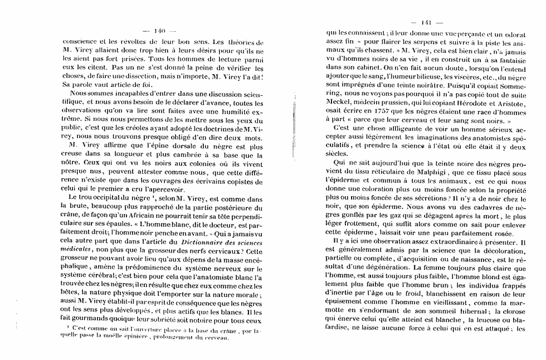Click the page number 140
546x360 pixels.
(160, 31)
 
